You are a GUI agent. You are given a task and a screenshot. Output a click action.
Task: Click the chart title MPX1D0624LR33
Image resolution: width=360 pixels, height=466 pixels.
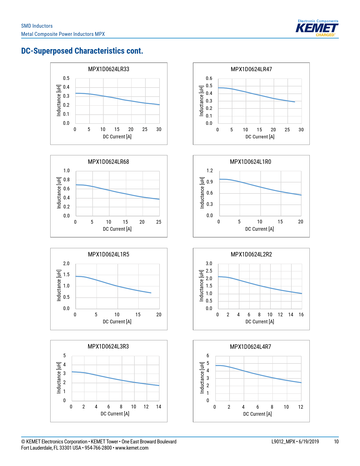(x=109, y=69)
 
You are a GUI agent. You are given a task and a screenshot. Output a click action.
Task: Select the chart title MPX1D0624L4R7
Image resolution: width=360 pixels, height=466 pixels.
(x=250, y=347)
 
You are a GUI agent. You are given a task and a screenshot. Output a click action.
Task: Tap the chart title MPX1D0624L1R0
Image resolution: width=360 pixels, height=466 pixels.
(x=250, y=162)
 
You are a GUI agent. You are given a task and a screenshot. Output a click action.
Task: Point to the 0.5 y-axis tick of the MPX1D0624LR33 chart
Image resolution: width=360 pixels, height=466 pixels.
(x=66, y=78)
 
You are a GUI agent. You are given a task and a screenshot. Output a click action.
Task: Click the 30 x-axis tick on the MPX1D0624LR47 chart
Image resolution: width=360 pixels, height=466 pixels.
(x=301, y=130)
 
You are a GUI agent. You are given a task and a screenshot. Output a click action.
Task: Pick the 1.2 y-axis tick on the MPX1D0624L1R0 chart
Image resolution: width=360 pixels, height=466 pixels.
(x=210, y=171)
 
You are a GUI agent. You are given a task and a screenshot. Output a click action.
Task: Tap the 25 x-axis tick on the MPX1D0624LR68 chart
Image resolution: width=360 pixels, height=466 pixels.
(x=159, y=222)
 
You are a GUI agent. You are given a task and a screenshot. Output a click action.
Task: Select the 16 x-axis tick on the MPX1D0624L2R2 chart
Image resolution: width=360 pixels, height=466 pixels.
(x=301, y=315)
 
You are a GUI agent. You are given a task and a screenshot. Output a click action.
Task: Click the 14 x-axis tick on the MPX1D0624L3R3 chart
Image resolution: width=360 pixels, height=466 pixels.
(x=159, y=407)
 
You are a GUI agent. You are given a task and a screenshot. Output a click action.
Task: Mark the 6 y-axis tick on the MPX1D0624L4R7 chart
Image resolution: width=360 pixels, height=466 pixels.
(x=208, y=356)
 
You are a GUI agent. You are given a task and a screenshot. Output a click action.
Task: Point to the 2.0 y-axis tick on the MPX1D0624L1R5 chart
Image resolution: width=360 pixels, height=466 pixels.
(x=66, y=264)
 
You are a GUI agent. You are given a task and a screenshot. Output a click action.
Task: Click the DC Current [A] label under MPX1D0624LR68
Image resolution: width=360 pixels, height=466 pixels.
(x=117, y=229)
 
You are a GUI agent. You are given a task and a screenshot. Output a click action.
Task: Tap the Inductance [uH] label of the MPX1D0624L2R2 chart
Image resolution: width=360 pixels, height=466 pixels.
(x=202, y=286)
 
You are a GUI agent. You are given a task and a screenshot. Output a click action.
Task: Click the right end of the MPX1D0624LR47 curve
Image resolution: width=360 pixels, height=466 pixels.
(x=295, y=102)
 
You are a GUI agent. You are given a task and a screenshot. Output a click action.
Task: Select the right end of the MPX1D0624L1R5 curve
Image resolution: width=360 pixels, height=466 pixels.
(x=151, y=293)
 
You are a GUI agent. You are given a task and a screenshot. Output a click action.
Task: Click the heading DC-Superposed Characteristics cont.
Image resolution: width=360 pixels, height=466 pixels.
(x=82, y=51)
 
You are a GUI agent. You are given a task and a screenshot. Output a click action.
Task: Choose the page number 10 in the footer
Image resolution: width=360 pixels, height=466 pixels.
(x=336, y=442)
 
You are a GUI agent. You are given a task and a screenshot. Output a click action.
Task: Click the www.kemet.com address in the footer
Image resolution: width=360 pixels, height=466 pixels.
(x=132, y=448)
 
